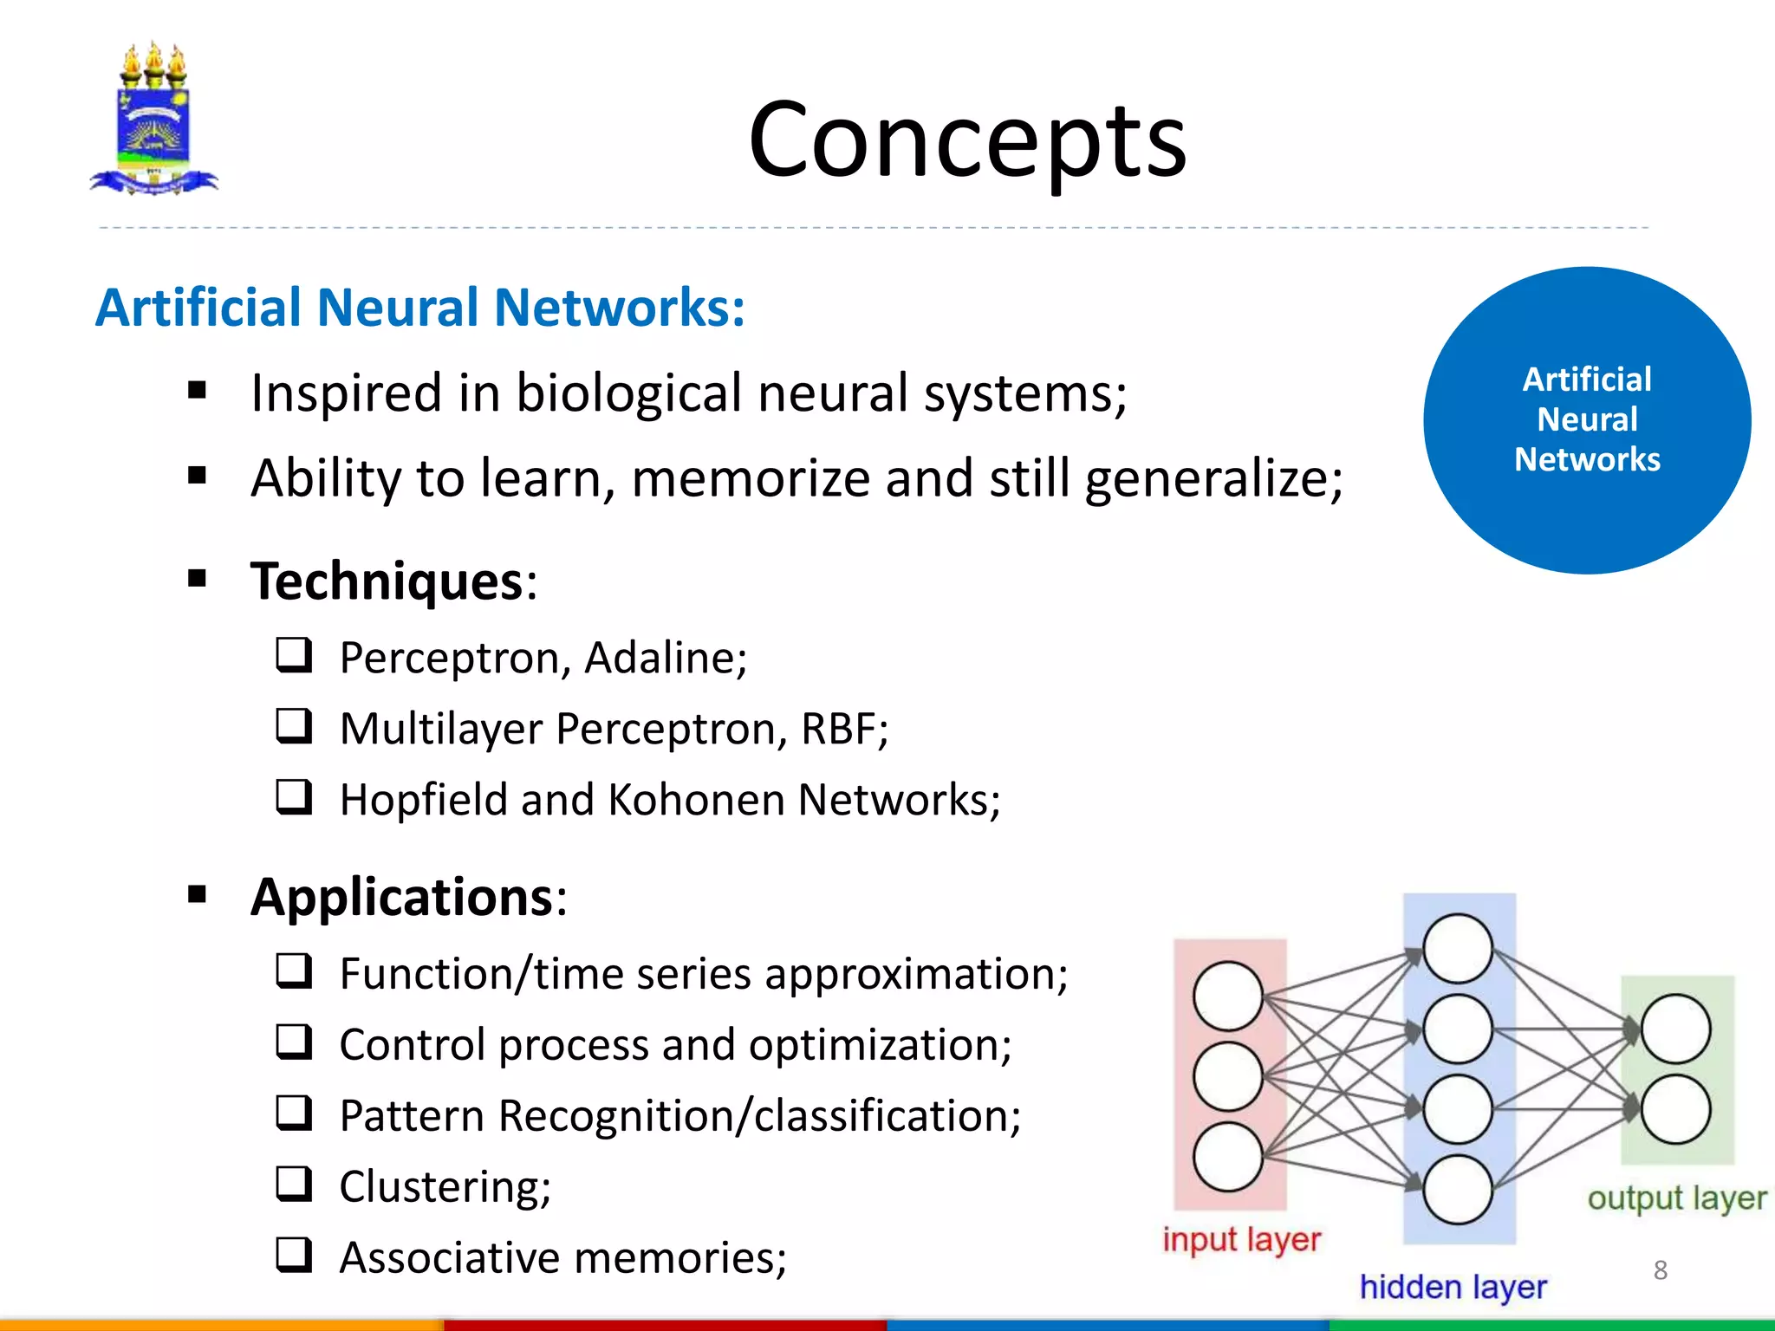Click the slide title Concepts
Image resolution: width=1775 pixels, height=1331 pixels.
(966, 140)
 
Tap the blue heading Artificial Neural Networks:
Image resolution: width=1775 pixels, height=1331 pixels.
(420, 308)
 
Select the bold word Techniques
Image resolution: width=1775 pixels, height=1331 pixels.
(387, 581)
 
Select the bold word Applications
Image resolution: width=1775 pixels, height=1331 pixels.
(401, 897)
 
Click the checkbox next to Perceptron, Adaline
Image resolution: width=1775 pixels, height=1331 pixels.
(294, 655)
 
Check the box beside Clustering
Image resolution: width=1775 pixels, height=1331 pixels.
(294, 1184)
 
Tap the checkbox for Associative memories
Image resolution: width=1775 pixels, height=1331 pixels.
(294, 1254)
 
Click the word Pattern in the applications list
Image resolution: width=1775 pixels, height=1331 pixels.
(411, 1116)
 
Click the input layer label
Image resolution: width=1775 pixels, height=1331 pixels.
(1241, 1239)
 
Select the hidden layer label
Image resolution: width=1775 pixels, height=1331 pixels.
(1453, 1287)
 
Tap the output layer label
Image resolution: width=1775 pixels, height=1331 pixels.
(1676, 1198)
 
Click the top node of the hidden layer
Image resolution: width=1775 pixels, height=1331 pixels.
(1458, 948)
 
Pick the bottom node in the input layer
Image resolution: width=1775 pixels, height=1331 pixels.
(1227, 1157)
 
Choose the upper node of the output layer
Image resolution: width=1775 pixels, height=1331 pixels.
(1674, 1029)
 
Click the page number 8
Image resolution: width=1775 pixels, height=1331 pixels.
(1660, 1270)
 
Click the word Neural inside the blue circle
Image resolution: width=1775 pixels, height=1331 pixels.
(1587, 419)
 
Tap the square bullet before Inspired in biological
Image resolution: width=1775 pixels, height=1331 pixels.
(198, 391)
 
